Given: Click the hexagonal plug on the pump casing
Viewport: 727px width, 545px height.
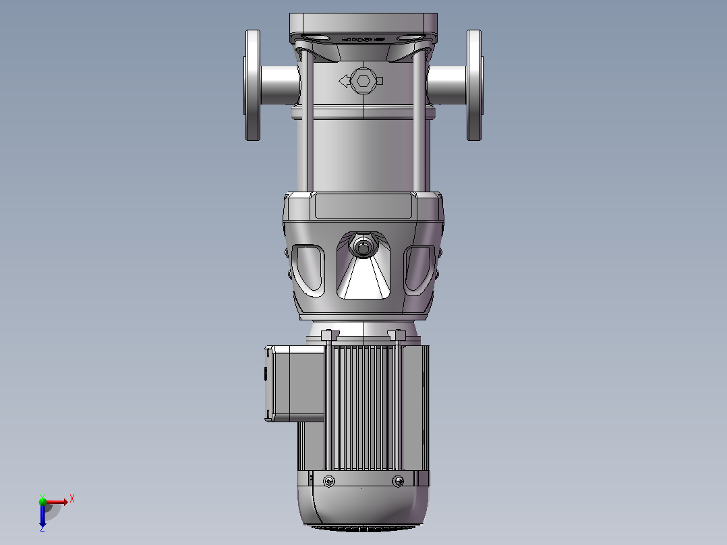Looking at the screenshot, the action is click(363, 81).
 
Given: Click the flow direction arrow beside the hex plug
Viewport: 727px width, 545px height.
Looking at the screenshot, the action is click(344, 82).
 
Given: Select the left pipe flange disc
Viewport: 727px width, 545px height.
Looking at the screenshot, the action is click(252, 86).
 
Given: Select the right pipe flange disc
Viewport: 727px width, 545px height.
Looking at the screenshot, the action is click(474, 86).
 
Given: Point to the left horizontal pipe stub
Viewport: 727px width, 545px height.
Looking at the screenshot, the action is click(280, 86).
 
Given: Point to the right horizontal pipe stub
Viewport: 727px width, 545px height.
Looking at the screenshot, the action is click(447, 86).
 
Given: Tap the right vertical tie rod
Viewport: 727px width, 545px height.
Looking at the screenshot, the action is click(419, 121).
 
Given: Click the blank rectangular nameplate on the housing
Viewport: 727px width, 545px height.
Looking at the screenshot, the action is click(363, 206).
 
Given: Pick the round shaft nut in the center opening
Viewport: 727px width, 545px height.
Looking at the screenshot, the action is click(363, 246).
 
